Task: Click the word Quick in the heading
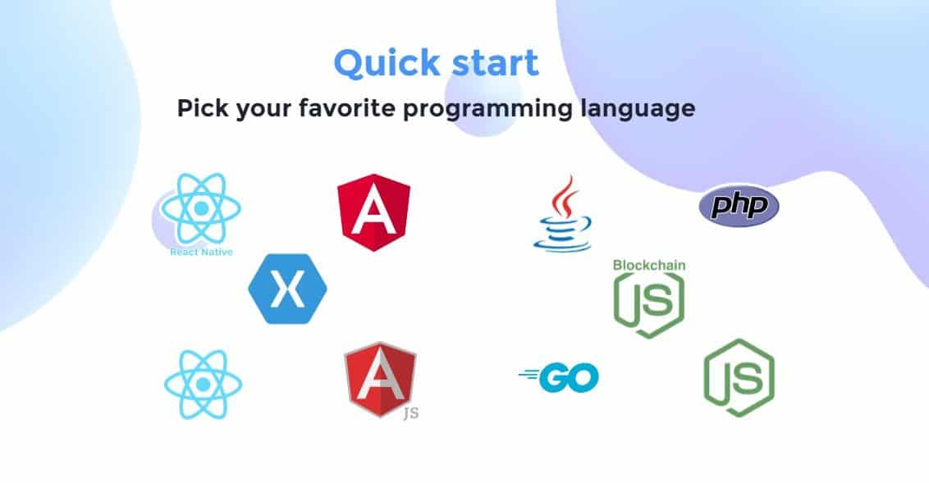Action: click(x=387, y=63)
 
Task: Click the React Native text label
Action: click(x=201, y=252)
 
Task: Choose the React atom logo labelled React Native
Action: click(x=201, y=208)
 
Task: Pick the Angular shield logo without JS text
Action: click(x=374, y=212)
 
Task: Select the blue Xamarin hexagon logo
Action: click(x=287, y=289)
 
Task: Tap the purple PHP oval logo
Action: click(x=739, y=205)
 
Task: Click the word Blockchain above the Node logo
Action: click(x=649, y=265)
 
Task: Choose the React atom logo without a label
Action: click(x=204, y=385)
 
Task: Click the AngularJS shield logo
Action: click(x=380, y=380)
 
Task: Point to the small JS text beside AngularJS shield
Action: click(x=411, y=412)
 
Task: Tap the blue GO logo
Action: click(x=559, y=378)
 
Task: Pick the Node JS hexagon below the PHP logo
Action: click(x=739, y=378)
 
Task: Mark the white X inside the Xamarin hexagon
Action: click(x=287, y=289)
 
